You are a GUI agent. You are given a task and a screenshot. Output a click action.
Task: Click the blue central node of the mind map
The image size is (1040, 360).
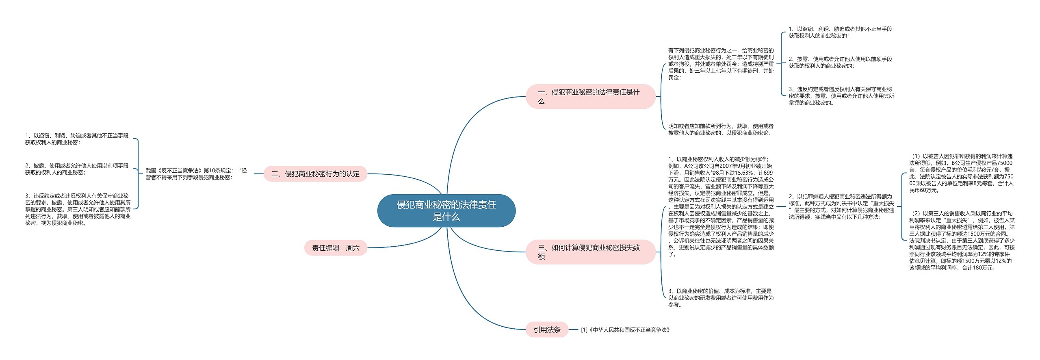coord(446,210)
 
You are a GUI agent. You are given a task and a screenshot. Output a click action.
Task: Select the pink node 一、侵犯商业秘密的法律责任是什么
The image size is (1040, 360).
coord(590,97)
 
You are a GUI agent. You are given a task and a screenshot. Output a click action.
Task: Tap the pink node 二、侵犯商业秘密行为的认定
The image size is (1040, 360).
coord(315,174)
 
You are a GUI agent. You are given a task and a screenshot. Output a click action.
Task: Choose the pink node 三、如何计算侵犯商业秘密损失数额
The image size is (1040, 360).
coord(590,252)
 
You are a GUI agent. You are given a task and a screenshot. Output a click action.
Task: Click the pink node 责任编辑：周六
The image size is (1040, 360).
coord(336,248)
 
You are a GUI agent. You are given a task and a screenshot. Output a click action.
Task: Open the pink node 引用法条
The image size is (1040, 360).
coord(547,330)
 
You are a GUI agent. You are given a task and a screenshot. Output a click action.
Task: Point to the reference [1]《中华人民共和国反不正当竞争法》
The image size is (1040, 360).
coord(625,330)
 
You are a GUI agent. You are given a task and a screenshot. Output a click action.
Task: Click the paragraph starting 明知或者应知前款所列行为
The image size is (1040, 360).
coord(721,130)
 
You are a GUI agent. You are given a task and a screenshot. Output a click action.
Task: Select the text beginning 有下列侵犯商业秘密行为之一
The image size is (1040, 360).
coord(721,64)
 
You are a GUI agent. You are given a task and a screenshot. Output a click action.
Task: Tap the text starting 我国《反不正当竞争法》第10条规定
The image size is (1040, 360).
coord(196,174)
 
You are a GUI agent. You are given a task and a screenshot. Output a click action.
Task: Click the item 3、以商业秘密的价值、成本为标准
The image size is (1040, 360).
coord(721,298)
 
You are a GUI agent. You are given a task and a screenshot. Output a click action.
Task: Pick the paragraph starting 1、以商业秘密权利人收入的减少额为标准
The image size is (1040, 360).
coord(721,206)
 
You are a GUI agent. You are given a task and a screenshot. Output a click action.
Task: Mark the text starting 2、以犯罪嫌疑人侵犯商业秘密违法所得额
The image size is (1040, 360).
coord(841,206)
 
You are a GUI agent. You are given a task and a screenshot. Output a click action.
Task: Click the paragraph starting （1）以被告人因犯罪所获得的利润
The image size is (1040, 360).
coord(961,173)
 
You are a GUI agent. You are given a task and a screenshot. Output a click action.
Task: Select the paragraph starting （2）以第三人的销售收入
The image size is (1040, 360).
coord(962,241)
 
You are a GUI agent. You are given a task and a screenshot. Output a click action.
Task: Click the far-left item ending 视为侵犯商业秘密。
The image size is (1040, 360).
coord(78,209)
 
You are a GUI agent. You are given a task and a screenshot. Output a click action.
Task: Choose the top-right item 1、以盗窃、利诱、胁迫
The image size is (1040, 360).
coord(840,33)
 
